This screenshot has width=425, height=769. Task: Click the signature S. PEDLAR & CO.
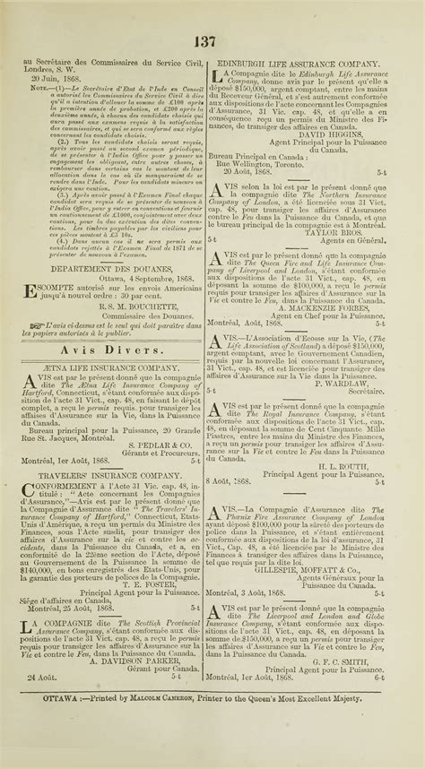click(x=160, y=444)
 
